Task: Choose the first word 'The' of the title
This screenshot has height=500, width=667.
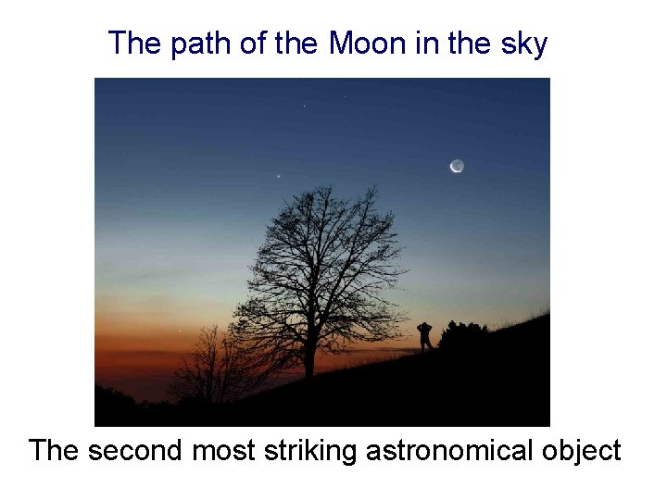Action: pyautogui.click(x=135, y=44)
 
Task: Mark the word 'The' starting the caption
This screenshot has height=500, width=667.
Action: pyautogui.click(x=56, y=451)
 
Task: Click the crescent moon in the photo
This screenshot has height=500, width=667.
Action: pyautogui.click(x=457, y=166)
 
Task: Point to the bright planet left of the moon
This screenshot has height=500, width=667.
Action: pyautogui.click(x=279, y=176)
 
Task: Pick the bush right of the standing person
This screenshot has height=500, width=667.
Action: pyautogui.click(x=463, y=335)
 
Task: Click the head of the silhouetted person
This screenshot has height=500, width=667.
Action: pyautogui.click(x=424, y=325)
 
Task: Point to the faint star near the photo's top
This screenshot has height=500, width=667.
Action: pyautogui.click(x=304, y=106)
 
